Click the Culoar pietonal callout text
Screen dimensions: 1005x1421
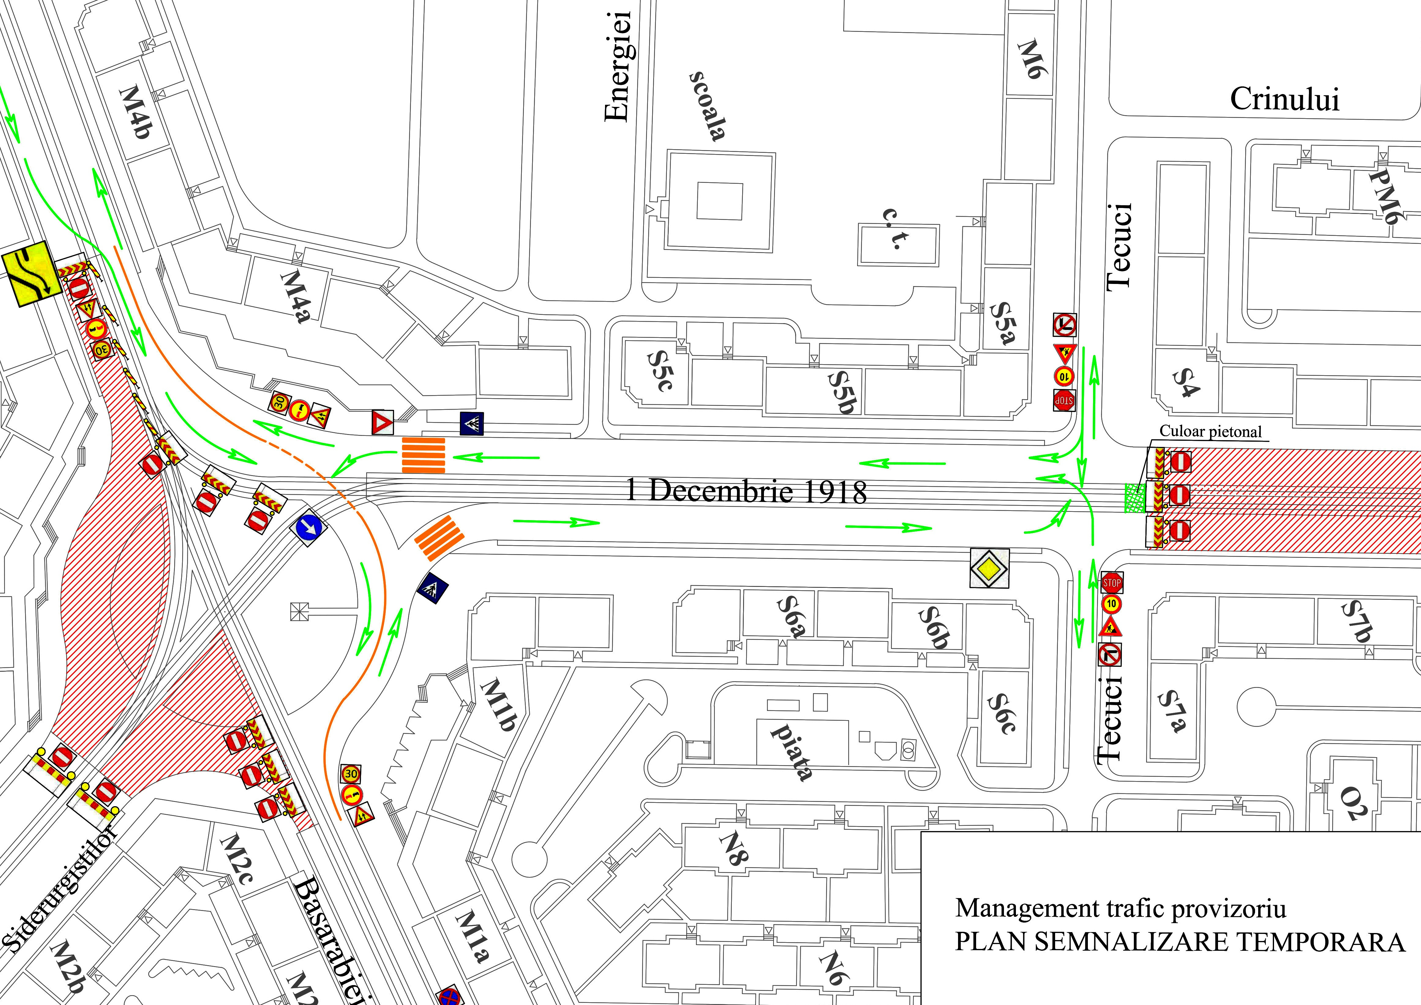[1210, 432]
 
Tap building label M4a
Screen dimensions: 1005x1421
[295, 296]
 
